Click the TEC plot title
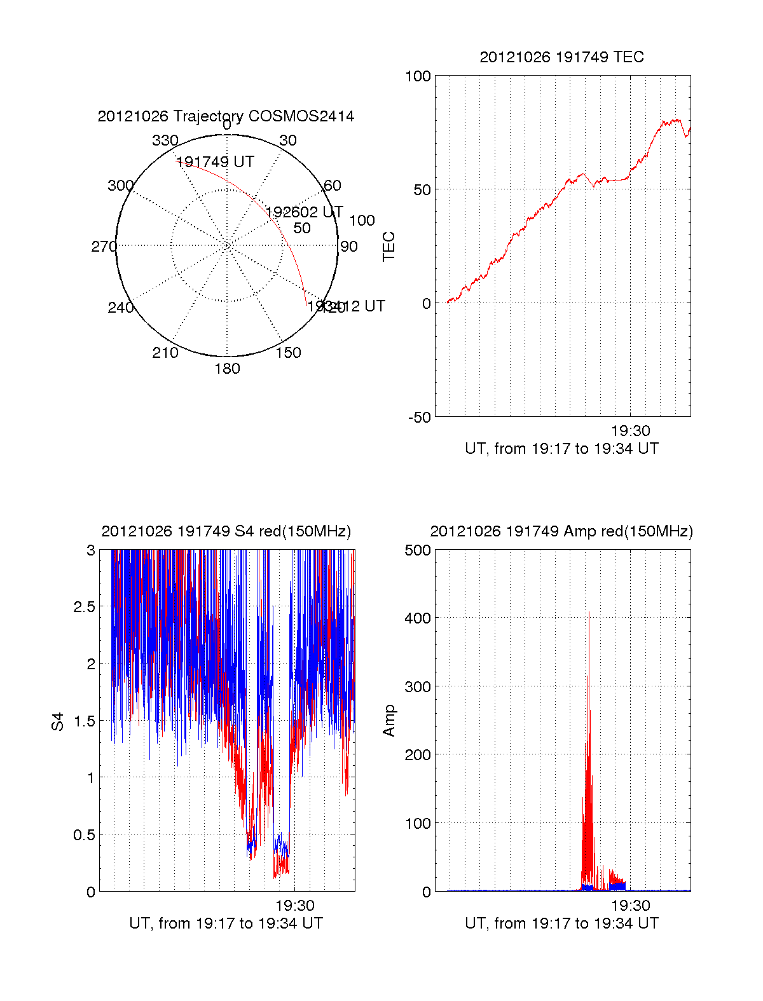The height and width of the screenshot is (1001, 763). pos(561,57)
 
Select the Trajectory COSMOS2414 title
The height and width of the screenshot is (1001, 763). pos(226,116)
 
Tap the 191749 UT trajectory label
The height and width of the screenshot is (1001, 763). pos(215,162)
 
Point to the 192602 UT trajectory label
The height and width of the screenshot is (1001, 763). pos(304,212)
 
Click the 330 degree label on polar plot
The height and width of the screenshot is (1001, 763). pos(165,140)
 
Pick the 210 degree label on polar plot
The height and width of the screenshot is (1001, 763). pos(165,353)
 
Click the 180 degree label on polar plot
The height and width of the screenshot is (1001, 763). pos(227,369)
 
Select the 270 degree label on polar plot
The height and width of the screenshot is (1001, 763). pos(104,247)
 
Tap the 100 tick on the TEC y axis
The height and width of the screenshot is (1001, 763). pos(418,77)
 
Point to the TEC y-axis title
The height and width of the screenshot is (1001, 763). pos(388,247)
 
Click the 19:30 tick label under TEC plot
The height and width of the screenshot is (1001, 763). pos(630,432)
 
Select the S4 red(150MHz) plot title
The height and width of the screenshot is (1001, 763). pos(226,531)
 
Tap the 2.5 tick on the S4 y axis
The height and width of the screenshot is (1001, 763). pos(84,607)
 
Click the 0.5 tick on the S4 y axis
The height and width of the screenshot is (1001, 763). pos(84,834)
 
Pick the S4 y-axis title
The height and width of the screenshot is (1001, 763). pos(58,721)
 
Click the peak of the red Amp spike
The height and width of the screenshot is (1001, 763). pos(589,612)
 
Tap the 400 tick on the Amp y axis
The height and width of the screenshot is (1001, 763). pos(418,618)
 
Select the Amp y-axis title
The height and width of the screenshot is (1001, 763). pos(388,721)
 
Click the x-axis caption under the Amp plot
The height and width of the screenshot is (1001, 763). pos(561,923)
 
